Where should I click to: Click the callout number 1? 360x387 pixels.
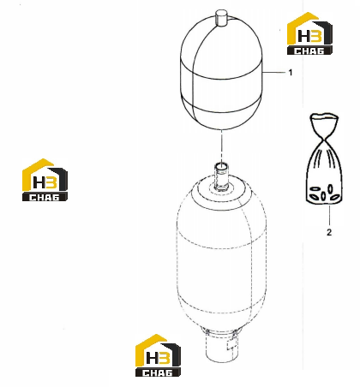click(291, 73)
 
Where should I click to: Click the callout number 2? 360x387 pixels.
click(329, 232)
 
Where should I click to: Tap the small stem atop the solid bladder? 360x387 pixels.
click(221, 18)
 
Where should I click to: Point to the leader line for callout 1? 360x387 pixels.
click(274, 73)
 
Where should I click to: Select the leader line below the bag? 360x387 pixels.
click(329, 215)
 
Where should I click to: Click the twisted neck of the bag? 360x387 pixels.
click(324, 140)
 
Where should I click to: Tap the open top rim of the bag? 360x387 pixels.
click(324, 116)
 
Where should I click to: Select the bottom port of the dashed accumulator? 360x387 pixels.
click(222, 345)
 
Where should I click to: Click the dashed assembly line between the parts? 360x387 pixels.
click(221, 146)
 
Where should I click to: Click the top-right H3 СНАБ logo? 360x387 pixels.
click(309, 33)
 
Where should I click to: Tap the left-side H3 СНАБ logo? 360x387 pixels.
click(45, 180)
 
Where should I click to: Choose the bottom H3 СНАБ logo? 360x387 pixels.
click(158, 355)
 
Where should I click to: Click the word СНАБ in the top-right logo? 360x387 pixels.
click(309, 51)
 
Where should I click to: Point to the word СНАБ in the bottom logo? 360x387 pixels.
click(158, 372)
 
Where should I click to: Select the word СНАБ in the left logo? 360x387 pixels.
click(45, 197)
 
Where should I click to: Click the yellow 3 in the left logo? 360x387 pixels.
click(51, 182)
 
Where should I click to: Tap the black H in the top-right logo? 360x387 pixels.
click(303, 36)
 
